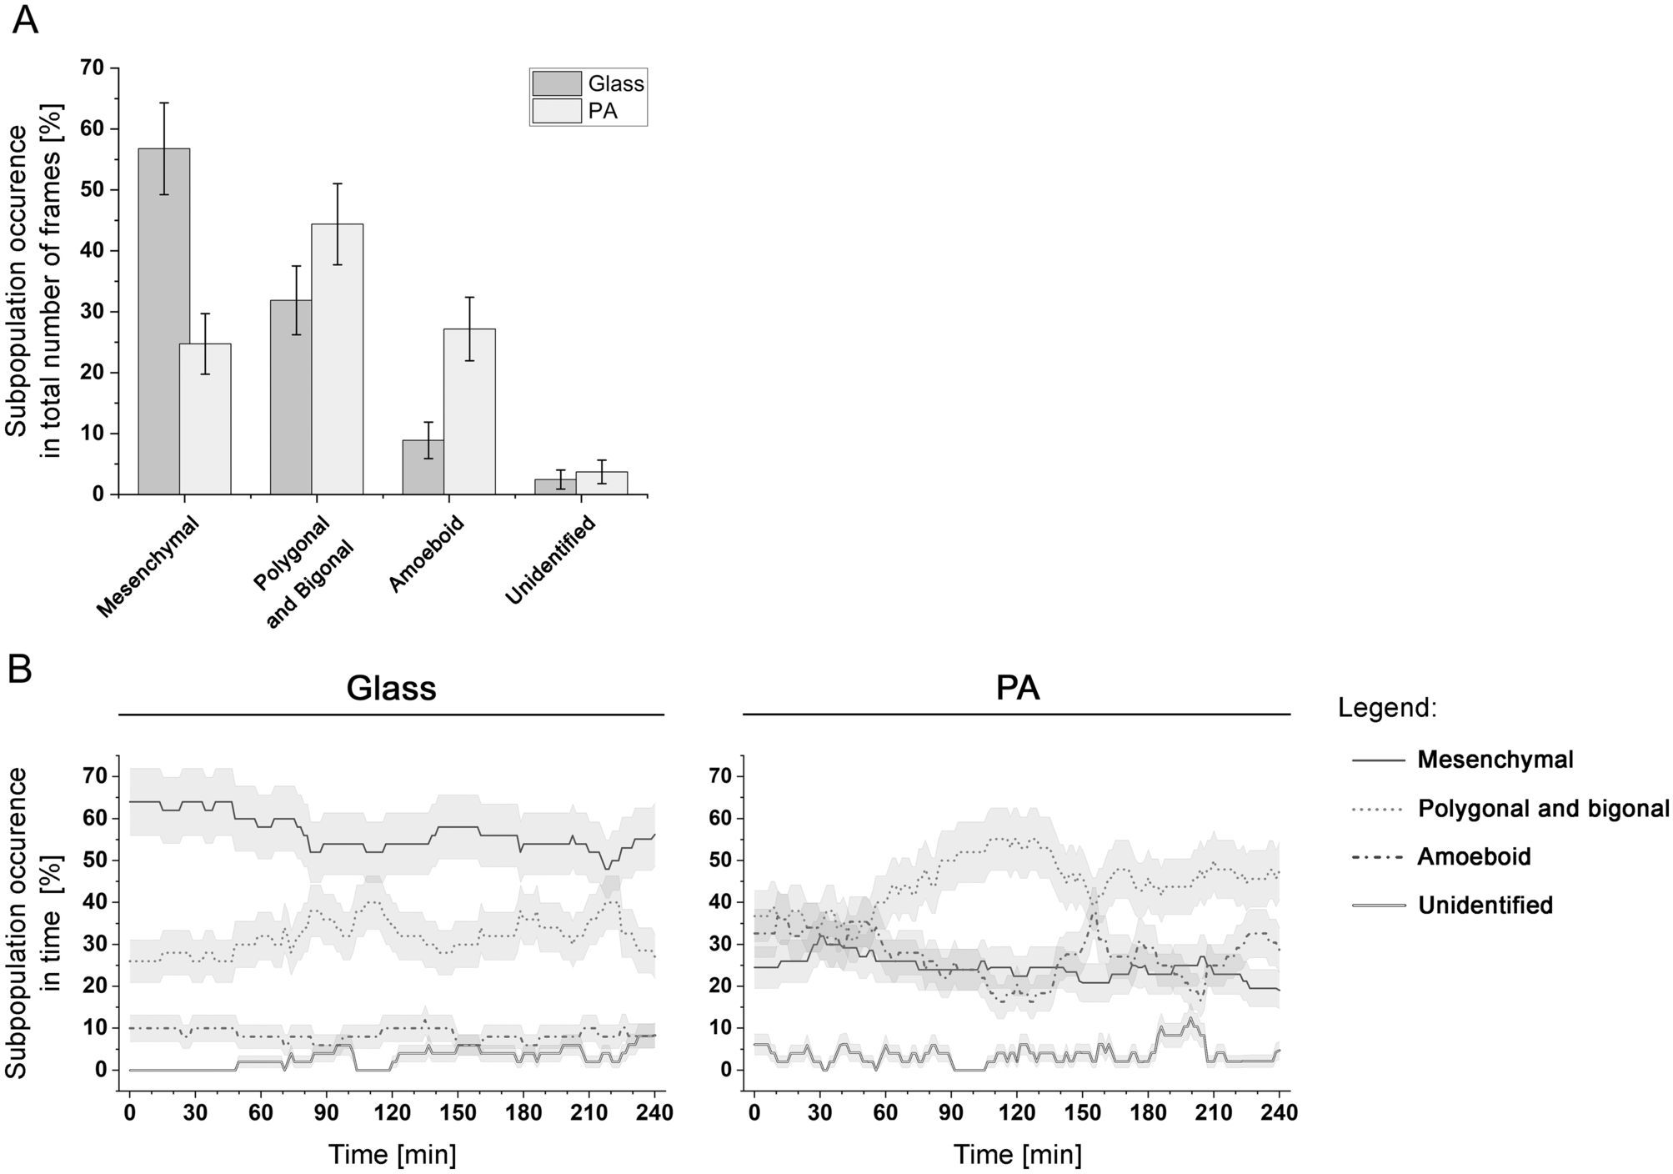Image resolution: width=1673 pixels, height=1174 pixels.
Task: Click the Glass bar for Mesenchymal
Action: [x=164, y=321]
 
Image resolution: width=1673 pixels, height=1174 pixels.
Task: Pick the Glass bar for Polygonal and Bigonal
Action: [x=291, y=397]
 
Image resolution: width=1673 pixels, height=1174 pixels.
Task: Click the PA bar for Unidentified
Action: [x=601, y=483]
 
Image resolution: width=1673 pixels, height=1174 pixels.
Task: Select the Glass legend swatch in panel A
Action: [x=557, y=84]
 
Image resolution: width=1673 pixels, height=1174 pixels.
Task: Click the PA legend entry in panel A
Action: [x=603, y=110]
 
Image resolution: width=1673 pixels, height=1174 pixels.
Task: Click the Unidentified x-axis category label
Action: [x=551, y=560]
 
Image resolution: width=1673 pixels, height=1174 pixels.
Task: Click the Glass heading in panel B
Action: [x=391, y=689]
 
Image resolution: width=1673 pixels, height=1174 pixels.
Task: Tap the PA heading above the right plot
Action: [x=1018, y=689]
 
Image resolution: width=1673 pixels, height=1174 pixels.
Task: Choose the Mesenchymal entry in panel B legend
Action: [x=1495, y=760]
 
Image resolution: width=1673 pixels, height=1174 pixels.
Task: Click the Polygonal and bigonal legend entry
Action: [x=1543, y=808]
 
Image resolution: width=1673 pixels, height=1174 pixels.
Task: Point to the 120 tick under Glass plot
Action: [x=392, y=1112]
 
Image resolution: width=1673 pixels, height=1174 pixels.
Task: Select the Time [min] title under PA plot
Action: [x=1018, y=1155]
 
